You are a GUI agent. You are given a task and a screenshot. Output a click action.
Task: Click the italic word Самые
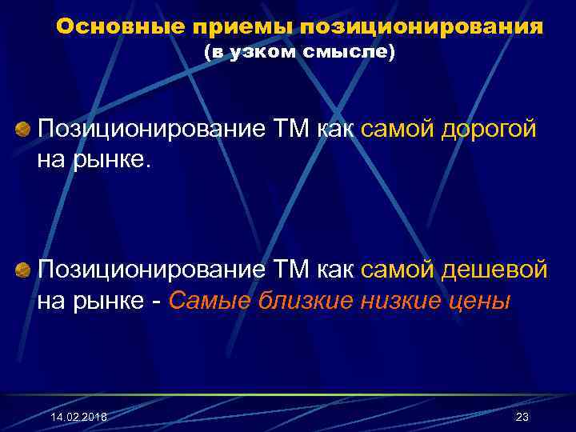(210, 302)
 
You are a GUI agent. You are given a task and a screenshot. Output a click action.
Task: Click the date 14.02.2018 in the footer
(78, 418)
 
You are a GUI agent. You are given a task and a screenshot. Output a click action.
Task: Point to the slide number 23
(522, 418)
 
